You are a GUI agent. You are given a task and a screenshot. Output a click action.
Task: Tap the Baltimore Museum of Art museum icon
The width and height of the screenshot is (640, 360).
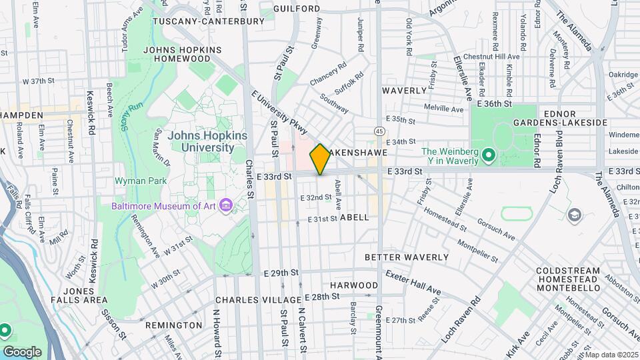(x=226, y=205)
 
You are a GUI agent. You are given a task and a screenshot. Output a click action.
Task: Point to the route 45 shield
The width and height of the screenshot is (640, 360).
(x=379, y=130)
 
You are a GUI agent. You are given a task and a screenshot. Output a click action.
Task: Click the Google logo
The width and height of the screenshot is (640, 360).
(x=22, y=351)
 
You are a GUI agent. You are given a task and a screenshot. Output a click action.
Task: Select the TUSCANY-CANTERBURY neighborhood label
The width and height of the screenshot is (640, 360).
(x=209, y=21)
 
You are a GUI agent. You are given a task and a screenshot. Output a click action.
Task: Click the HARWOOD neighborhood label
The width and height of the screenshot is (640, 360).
(x=354, y=285)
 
